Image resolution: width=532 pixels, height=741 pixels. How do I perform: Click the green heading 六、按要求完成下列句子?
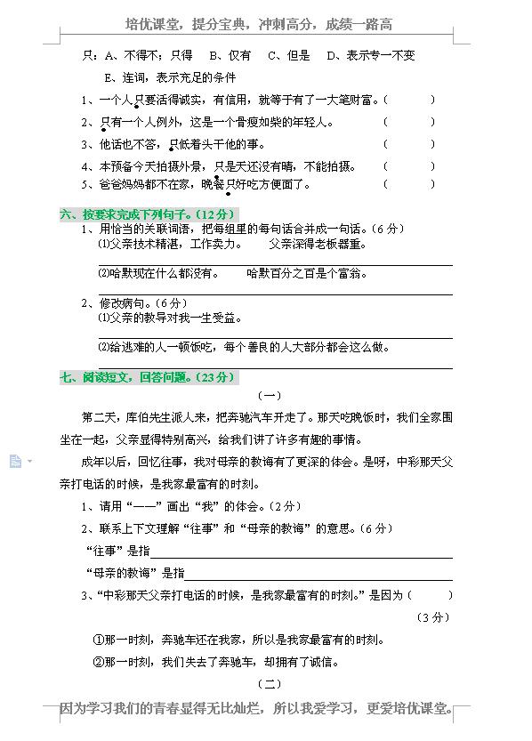click(148, 214)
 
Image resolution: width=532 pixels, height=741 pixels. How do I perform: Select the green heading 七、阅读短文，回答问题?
click(148, 377)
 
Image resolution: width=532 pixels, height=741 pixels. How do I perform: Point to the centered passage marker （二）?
click(268, 684)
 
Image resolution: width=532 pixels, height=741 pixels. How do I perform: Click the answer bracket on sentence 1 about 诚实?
click(409, 101)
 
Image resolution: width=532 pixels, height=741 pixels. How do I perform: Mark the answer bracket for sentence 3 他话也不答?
click(409, 144)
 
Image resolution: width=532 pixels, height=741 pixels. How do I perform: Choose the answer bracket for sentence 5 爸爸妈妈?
click(409, 185)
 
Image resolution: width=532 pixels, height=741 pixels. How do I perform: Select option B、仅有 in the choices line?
click(230, 56)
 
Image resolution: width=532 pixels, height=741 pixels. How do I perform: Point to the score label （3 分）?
click(433, 617)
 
